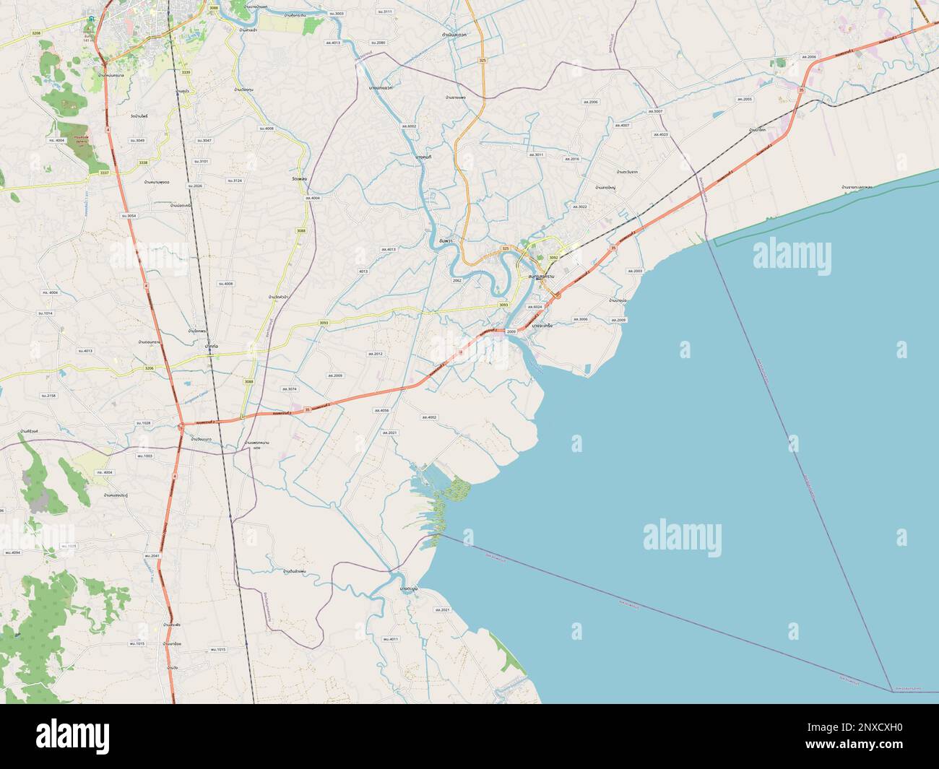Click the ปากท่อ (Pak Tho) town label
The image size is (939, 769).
click(212, 347)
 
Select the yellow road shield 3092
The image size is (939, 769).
click(553, 258)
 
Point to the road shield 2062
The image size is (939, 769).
click(456, 279)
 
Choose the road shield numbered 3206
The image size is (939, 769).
click(149, 368)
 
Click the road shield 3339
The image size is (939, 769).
click(186, 72)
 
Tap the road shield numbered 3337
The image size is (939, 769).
click(104, 173)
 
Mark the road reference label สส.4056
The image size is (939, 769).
click(381, 410)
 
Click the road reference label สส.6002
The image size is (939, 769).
click(410, 126)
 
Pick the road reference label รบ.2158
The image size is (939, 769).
click(49, 396)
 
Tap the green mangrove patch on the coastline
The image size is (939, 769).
click(456, 491)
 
